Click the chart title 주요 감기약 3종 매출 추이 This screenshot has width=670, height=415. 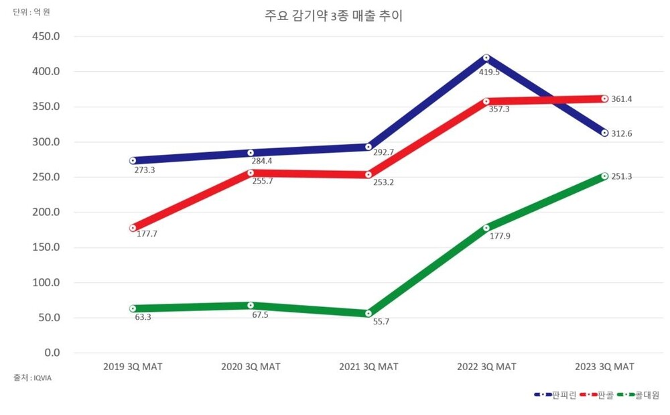coord(334,16)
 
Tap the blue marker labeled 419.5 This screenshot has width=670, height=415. coord(486,58)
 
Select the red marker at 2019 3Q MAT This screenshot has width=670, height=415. coord(133,228)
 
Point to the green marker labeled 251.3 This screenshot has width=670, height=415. coord(604,176)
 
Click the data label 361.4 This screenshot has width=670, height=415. coord(622,99)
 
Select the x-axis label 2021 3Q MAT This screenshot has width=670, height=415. coord(368,367)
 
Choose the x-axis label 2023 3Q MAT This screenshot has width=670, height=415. coord(604,367)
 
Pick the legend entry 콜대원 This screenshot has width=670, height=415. coord(647,395)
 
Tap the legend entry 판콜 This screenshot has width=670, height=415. coord(606,395)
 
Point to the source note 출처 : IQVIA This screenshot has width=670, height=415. coord(33,378)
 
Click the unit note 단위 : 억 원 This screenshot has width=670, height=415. coord(31,12)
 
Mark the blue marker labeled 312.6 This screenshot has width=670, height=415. coord(604,133)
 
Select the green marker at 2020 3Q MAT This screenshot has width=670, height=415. coord(251,305)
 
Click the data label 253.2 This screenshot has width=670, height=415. coord(384,182)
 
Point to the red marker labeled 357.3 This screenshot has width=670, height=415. coord(486,102)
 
